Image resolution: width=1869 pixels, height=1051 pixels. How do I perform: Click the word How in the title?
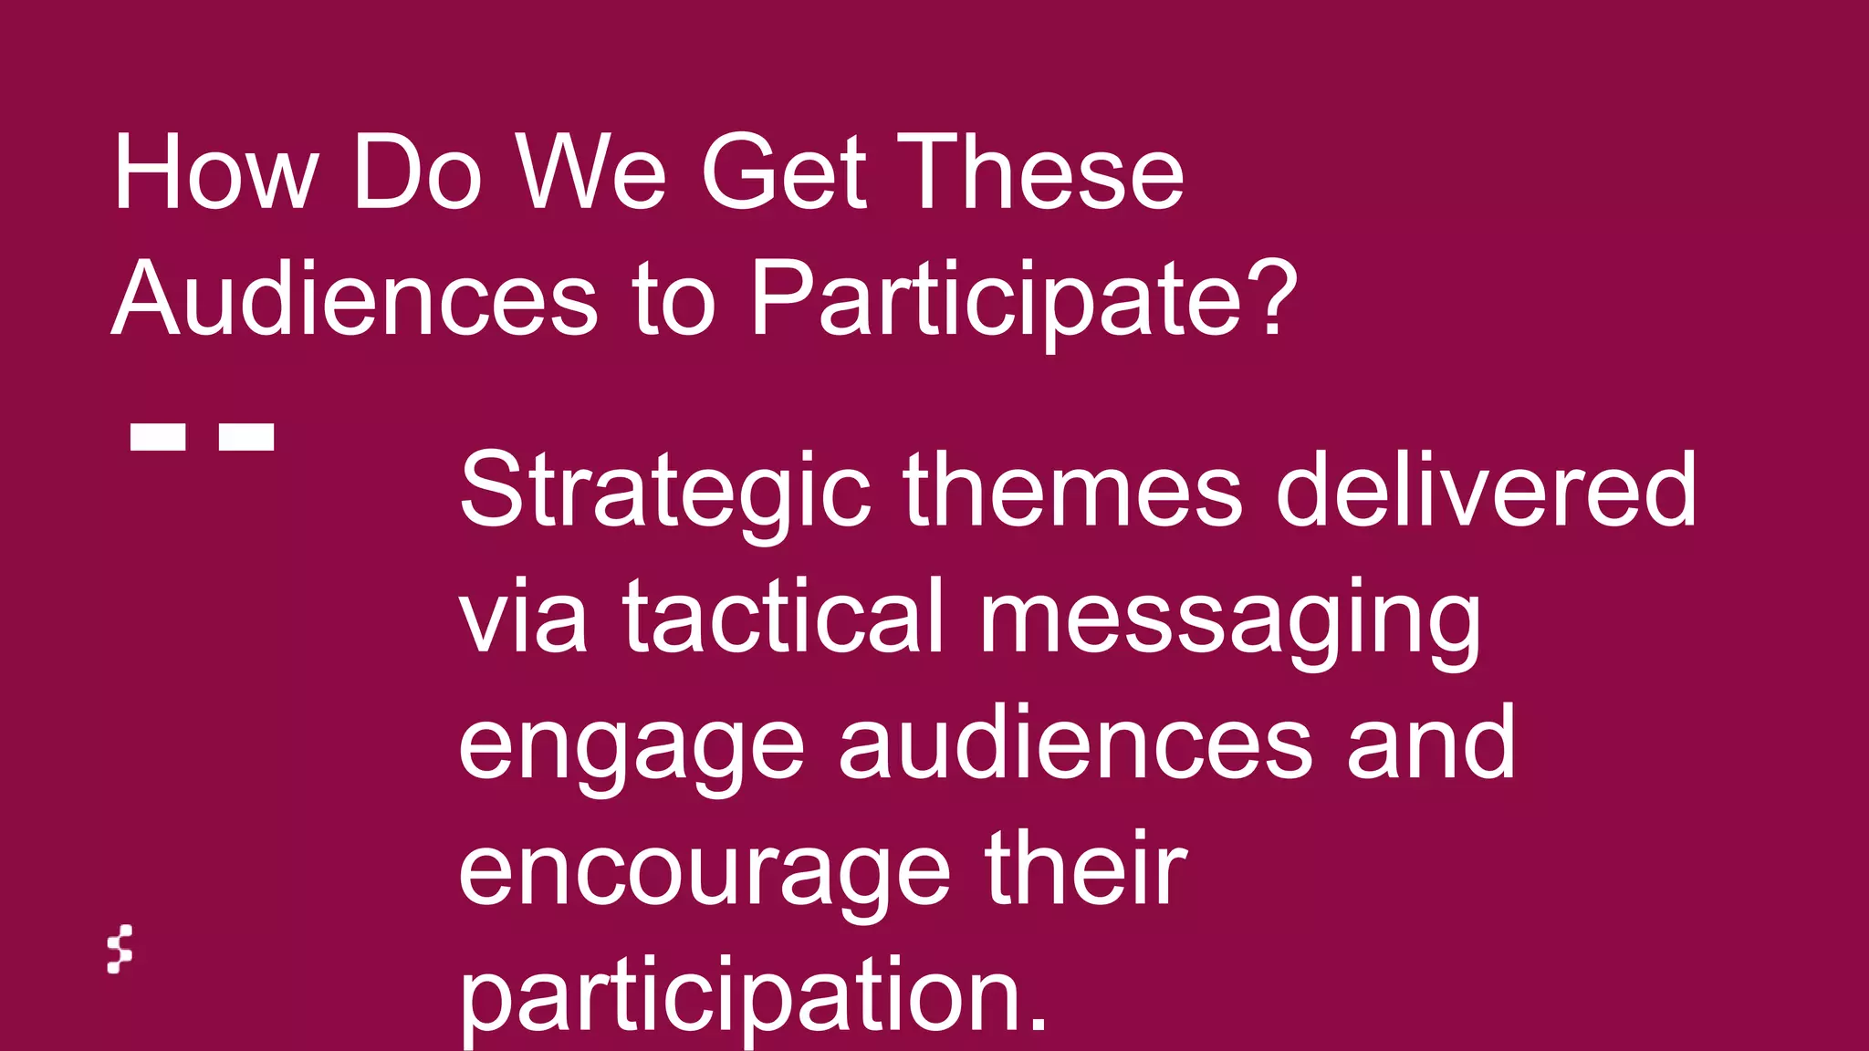(x=215, y=173)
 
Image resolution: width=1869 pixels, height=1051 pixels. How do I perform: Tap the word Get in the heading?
(x=783, y=173)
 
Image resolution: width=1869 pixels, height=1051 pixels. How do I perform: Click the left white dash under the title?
(x=158, y=436)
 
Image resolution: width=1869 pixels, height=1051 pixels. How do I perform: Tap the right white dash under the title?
(x=246, y=436)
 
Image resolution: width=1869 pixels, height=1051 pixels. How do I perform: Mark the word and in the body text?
(x=1430, y=743)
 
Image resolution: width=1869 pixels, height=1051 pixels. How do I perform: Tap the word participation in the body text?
(x=753, y=998)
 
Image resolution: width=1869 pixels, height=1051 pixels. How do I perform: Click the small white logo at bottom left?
(x=120, y=950)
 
